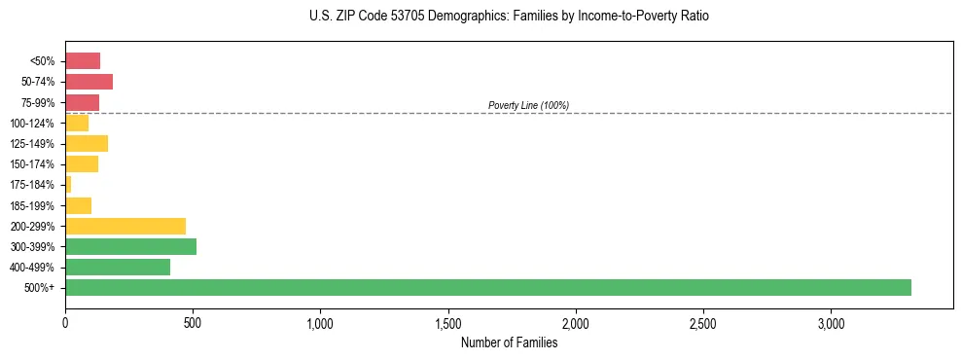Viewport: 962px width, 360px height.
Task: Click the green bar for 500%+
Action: pyautogui.click(x=487, y=287)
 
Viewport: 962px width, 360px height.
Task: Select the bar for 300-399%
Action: pyautogui.click(x=130, y=246)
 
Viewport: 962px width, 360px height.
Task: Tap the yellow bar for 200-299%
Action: pyautogui.click(x=125, y=226)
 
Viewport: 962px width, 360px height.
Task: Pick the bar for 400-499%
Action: pyautogui.click(x=118, y=267)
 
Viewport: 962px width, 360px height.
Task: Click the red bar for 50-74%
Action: pyautogui.click(x=89, y=82)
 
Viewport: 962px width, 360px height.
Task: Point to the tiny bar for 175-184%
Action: pyautogui.click(x=68, y=184)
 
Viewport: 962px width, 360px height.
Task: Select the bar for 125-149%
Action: pyautogui.click(x=87, y=143)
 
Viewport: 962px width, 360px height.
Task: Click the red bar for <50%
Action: pyautogui.click(x=83, y=60)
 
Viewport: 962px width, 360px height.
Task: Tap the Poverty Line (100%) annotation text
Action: pyautogui.click(x=528, y=105)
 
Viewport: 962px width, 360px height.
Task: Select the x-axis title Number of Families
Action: pyautogui.click(x=510, y=342)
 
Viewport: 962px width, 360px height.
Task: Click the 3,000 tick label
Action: pyautogui.click(x=831, y=323)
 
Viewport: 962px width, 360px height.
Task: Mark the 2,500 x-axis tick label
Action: pyautogui.click(x=703, y=323)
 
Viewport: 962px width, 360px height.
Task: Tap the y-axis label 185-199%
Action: pyautogui.click(x=34, y=205)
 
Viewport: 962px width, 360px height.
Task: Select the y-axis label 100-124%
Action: pyautogui.click(x=34, y=123)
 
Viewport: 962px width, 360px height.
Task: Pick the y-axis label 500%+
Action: pyautogui.click(x=41, y=288)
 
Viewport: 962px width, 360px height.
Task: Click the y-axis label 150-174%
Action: pyautogui.click(x=34, y=164)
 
